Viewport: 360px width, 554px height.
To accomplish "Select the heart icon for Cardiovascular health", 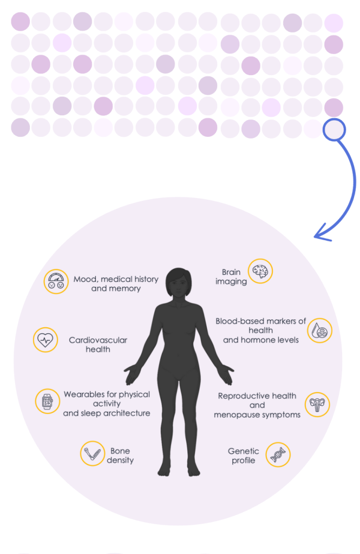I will point(45,340).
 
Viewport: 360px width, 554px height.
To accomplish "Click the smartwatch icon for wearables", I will point(47,401).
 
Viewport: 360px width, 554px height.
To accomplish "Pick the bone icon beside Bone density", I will point(92,453).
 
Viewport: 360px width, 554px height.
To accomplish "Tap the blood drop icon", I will point(319,330).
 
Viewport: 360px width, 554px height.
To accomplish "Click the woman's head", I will point(178,282).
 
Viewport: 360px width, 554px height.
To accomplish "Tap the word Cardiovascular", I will point(98,340).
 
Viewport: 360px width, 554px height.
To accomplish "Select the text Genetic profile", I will point(244,456).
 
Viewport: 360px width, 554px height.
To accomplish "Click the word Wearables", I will point(84,394).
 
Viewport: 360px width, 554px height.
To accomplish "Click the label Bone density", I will point(120,456).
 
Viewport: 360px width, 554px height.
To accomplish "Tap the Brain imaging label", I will point(231,277).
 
